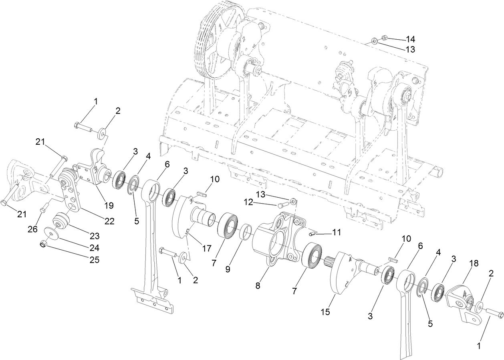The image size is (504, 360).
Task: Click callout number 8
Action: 258,286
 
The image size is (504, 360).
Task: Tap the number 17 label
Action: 206,249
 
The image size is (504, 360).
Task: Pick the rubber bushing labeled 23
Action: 62,221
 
